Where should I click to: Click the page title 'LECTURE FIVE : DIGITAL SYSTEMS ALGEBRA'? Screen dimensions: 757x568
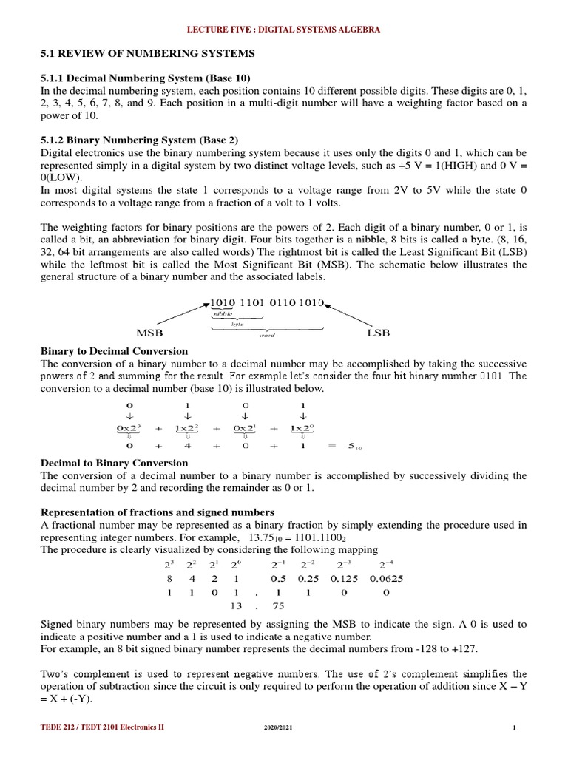click(283, 30)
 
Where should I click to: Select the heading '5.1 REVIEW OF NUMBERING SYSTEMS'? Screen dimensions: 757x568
click(146, 54)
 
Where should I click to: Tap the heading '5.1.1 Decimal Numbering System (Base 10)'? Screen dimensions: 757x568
click(144, 78)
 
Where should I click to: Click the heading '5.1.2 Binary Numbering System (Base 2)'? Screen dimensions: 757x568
click(139, 140)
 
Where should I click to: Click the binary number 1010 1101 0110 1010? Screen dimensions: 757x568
click(267, 303)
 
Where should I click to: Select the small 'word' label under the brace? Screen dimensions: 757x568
click(267, 335)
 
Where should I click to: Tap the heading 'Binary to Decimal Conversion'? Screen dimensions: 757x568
click(113, 351)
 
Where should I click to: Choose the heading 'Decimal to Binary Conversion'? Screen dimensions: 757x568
click(113, 463)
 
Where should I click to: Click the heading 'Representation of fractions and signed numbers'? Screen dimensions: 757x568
click(157, 512)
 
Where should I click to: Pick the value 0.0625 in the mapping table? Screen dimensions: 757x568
click(385, 579)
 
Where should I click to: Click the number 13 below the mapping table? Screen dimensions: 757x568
click(237, 605)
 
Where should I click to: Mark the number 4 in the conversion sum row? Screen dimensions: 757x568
click(188, 445)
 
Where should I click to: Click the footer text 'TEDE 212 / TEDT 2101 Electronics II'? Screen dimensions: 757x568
click(102, 727)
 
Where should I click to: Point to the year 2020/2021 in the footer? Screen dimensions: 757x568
click(279, 727)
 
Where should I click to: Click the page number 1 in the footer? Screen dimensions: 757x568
click(513, 727)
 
